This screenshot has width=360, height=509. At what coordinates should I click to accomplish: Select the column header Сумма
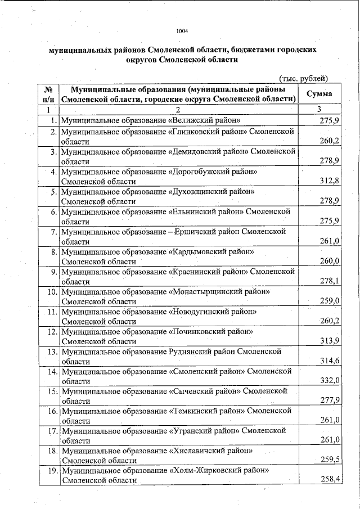click(x=319, y=94)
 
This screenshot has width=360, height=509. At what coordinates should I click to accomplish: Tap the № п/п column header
click(x=48, y=94)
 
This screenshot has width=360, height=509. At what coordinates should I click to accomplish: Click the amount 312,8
click(x=329, y=181)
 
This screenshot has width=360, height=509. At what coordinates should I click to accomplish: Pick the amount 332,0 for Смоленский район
click(x=329, y=381)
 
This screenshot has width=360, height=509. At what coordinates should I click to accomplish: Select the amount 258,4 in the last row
click(x=329, y=479)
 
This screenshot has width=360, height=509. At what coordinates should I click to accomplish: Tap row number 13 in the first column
click(x=53, y=352)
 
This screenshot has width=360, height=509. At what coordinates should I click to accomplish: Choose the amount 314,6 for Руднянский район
click(x=329, y=361)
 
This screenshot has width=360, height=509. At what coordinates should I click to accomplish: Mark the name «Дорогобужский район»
click(x=213, y=171)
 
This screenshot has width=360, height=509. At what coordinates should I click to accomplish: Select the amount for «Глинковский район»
click(x=329, y=141)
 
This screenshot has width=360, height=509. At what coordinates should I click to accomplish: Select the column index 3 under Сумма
click(x=319, y=109)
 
